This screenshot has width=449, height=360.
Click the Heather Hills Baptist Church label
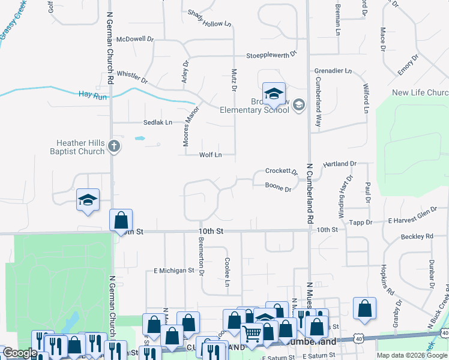click(80, 147)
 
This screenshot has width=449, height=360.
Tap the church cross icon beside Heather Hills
click(114, 145)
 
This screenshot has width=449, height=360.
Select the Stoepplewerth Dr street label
click(272, 55)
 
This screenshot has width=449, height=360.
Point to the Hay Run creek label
click(92, 95)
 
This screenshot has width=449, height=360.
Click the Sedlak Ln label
click(157, 122)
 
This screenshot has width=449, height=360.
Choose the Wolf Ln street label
click(211, 155)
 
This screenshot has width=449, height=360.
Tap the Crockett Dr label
click(282, 172)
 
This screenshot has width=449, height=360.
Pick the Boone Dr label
click(279, 188)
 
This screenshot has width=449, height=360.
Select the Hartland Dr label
click(340, 163)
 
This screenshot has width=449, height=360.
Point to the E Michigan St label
click(174, 271)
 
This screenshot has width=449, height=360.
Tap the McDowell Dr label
click(135, 39)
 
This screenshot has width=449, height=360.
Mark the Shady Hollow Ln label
click(209, 19)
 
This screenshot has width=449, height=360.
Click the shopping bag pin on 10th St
click(121, 219)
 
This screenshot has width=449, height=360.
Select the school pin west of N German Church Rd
click(88, 200)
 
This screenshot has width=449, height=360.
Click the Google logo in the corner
click(20, 353)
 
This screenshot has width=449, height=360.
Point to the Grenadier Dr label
click(333, 71)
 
